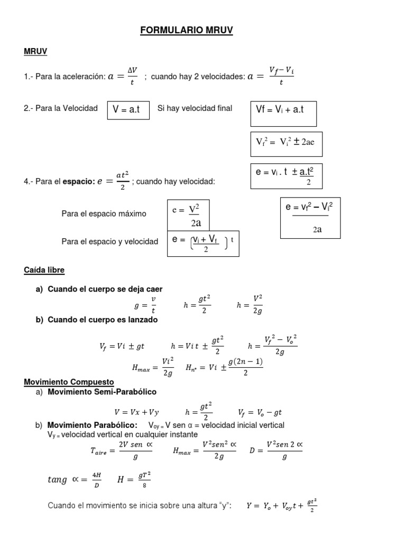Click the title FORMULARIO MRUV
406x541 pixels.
pos(186,31)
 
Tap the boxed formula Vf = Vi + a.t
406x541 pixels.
pos(283,113)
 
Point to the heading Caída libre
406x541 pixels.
pos(44,270)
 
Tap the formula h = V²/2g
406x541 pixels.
pos(250,305)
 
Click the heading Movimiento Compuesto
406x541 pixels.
pos(69,381)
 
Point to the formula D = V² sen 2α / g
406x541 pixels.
pos(275,451)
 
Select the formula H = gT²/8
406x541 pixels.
pos(134,479)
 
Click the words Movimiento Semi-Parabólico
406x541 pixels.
pos(102,392)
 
